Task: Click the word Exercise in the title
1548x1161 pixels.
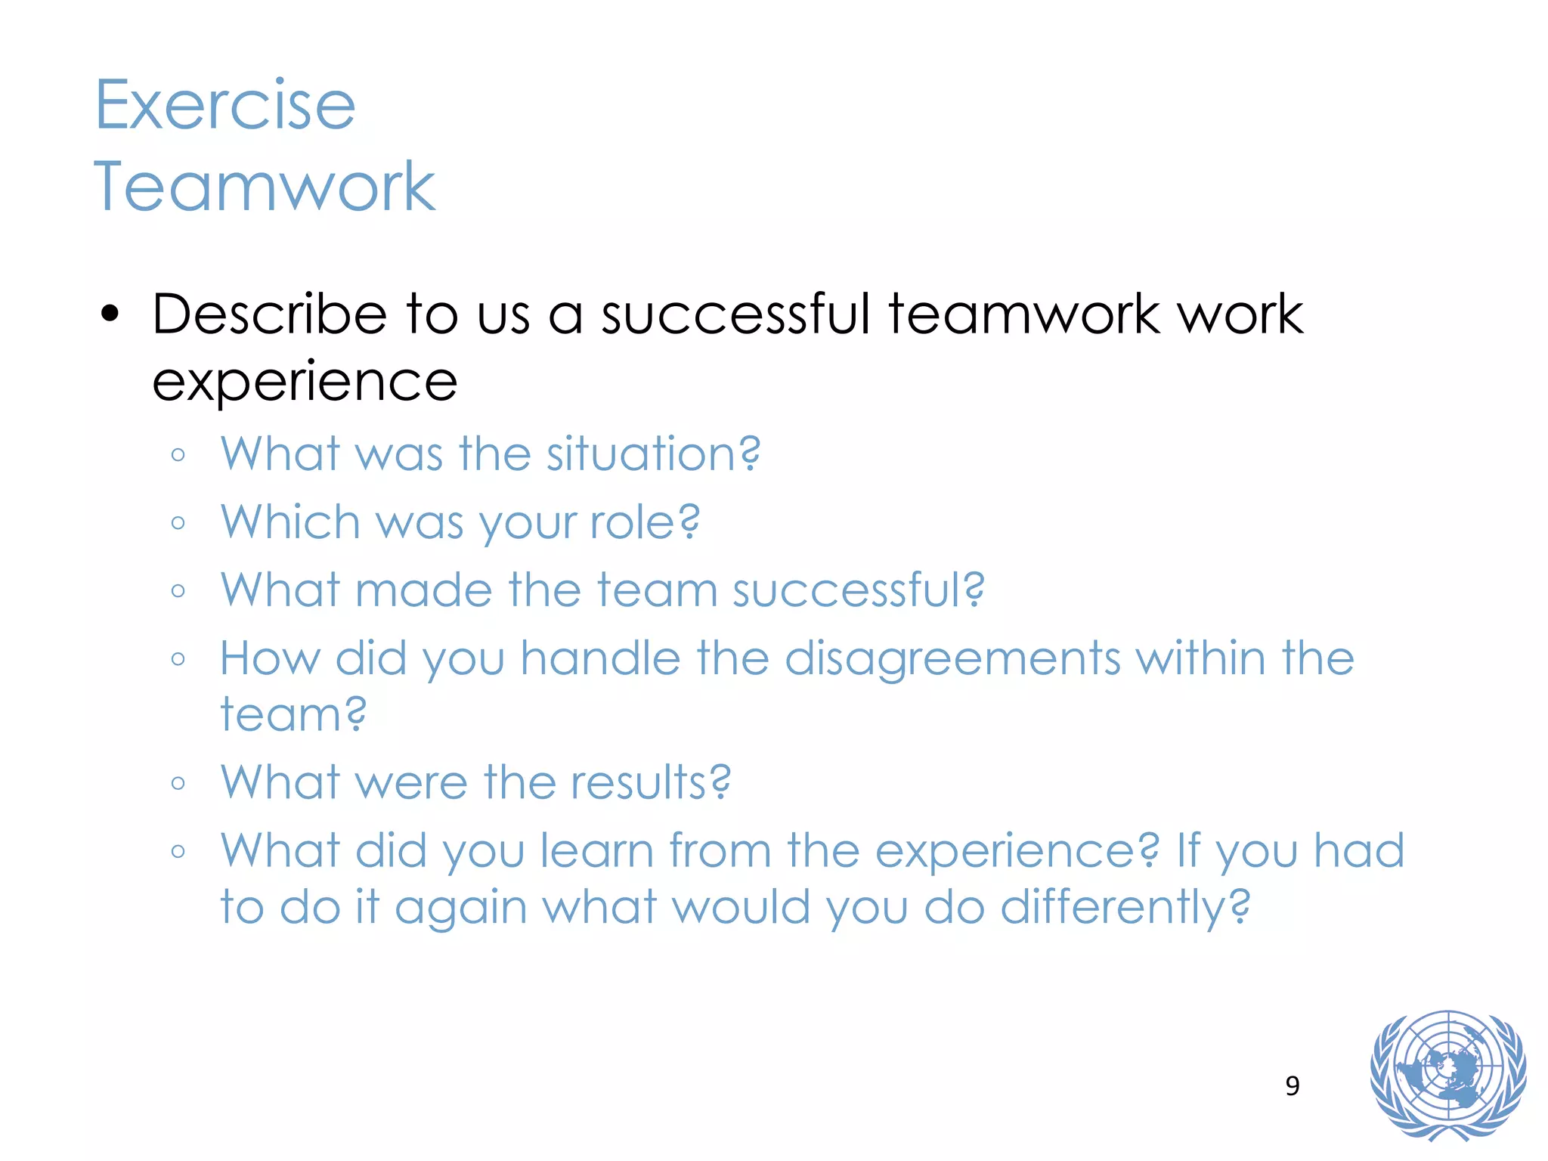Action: tap(224, 105)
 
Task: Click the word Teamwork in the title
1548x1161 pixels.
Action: tap(264, 187)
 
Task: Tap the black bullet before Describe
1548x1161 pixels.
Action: tap(110, 314)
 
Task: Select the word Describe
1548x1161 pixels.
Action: tap(269, 314)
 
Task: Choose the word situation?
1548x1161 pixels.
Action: tap(653, 454)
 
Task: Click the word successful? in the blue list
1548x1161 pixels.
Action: tap(859, 590)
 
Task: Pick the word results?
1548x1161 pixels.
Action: tap(651, 782)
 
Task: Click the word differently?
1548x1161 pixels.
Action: tap(1125, 908)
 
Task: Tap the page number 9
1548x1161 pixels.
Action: tap(1293, 1086)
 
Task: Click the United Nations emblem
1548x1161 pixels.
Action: tap(1447, 1075)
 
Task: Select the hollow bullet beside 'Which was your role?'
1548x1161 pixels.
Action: tap(178, 523)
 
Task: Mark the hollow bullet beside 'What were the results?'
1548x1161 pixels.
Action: tap(178, 783)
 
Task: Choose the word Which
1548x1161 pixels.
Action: tap(290, 522)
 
